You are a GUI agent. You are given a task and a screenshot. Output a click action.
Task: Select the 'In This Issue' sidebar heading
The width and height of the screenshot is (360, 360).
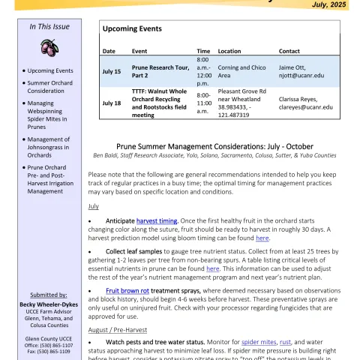click(x=49, y=26)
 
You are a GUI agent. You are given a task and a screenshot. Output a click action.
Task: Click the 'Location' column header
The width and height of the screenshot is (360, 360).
click(x=229, y=51)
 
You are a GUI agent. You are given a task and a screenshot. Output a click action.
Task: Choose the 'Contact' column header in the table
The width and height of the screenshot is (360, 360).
click(x=289, y=51)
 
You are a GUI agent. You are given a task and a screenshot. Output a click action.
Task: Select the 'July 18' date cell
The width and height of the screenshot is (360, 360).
click(x=112, y=103)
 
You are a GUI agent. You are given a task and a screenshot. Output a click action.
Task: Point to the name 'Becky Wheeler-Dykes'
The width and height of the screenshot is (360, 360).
click(x=49, y=304)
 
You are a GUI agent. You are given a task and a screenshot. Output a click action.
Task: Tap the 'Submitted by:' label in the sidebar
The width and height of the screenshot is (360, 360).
click(x=49, y=295)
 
